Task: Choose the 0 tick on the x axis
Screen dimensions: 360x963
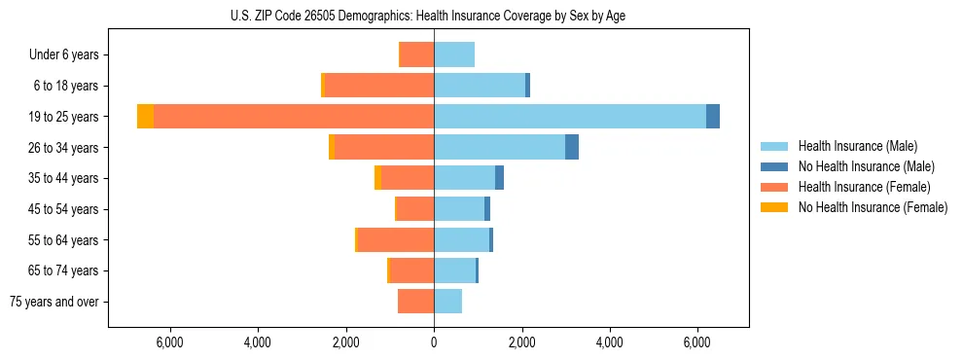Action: (434, 342)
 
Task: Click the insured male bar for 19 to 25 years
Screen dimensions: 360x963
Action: (570, 117)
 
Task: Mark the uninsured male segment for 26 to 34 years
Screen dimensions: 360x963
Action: (572, 147)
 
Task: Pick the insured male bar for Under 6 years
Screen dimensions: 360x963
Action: (454, 55)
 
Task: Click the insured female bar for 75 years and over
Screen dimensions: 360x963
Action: (415, 302)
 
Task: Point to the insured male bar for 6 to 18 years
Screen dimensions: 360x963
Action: (480, 86)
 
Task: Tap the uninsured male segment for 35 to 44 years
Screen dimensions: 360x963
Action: (499, 178)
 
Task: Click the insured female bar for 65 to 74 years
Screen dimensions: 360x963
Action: (411, 270)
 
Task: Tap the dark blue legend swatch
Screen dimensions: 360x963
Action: (775, 166)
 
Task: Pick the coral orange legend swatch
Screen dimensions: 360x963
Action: (775, 187)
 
